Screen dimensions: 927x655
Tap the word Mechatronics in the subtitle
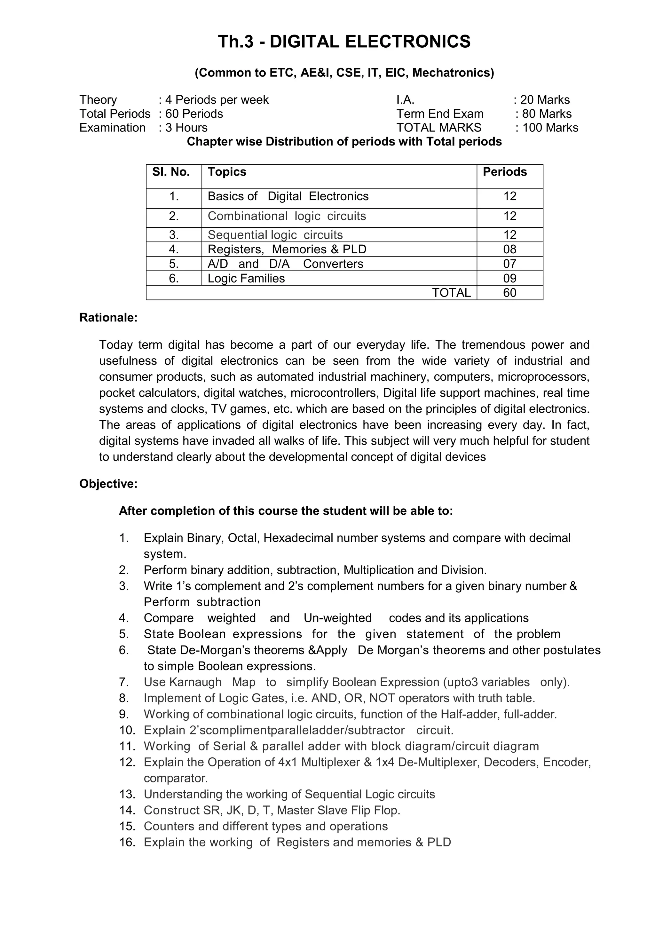(453, 73)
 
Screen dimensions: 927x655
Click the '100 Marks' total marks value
(550, 128)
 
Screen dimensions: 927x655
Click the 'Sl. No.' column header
(171, 172)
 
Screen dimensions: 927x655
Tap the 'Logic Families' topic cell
(246, 278)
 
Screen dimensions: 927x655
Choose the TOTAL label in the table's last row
(451, 293)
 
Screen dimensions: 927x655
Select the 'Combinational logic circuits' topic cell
(287, 216)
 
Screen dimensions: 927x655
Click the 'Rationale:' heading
(108, 318)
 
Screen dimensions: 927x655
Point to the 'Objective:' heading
(108, 484)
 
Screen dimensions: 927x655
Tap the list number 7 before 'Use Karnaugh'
(123, 682)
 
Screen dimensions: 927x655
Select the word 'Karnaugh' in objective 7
(195, 682)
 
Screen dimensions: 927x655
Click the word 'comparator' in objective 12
(175, 778)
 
